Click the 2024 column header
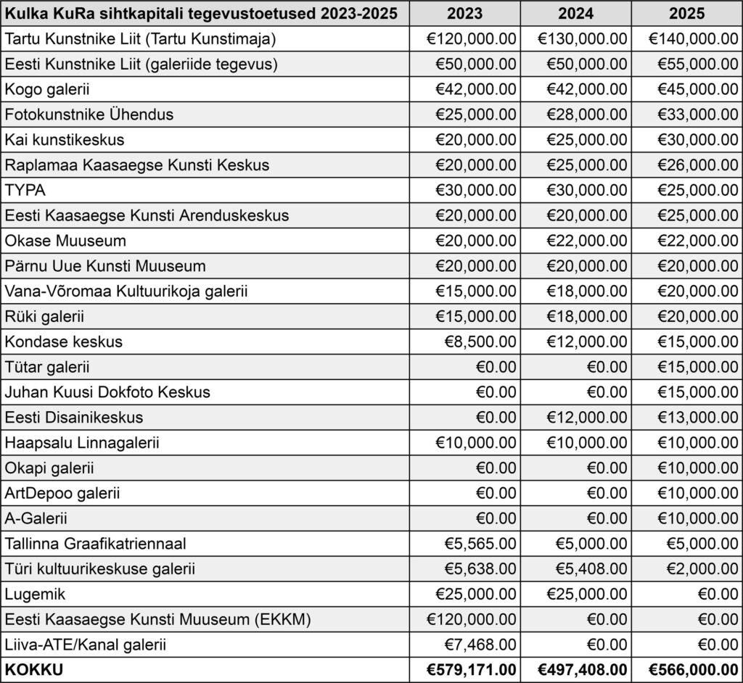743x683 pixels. tap(575, 13)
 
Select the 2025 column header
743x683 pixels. tap(687, 13)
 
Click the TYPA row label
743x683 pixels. tap(25, 190)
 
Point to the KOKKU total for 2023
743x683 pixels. tap(464, 670)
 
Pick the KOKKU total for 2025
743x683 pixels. tap(687, 670)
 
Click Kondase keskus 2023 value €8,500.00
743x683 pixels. tap(476, 341)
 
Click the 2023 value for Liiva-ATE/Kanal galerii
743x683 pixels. tap(476, 645)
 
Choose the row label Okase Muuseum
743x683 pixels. tap(65, 241)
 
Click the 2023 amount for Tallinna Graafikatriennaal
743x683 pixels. tap(476, 544)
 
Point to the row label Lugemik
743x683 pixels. tap(36, 595)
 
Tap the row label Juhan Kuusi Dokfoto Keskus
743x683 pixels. tap(107, 392)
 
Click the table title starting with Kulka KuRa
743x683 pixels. tap(203, 13)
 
